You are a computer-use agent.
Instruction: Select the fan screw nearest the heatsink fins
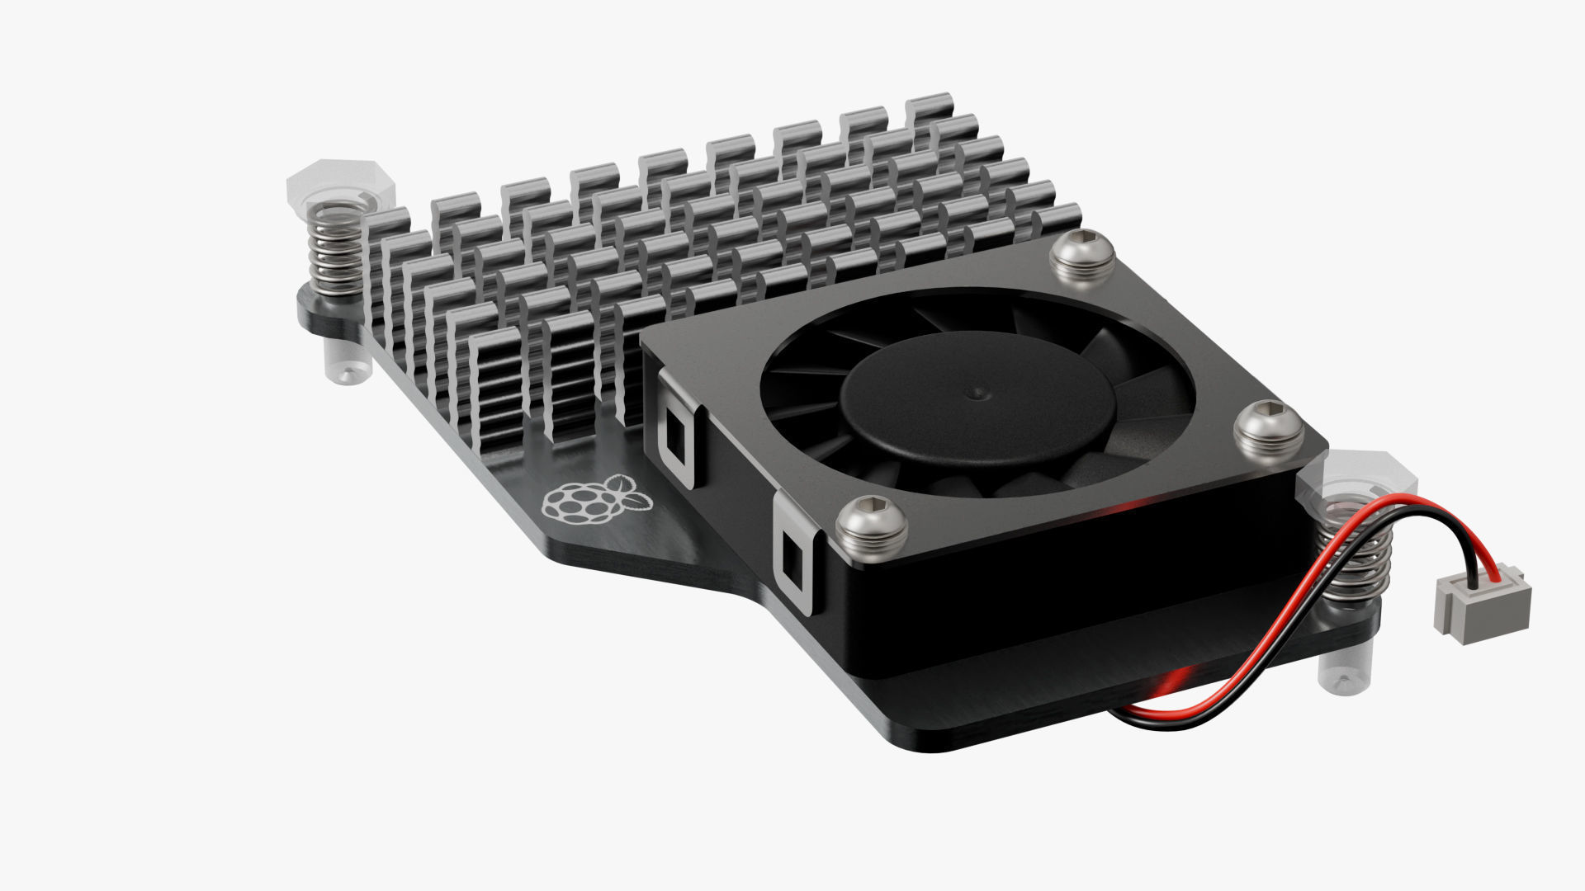coord(1083,257)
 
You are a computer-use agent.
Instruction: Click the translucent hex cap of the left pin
coord(340,183)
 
